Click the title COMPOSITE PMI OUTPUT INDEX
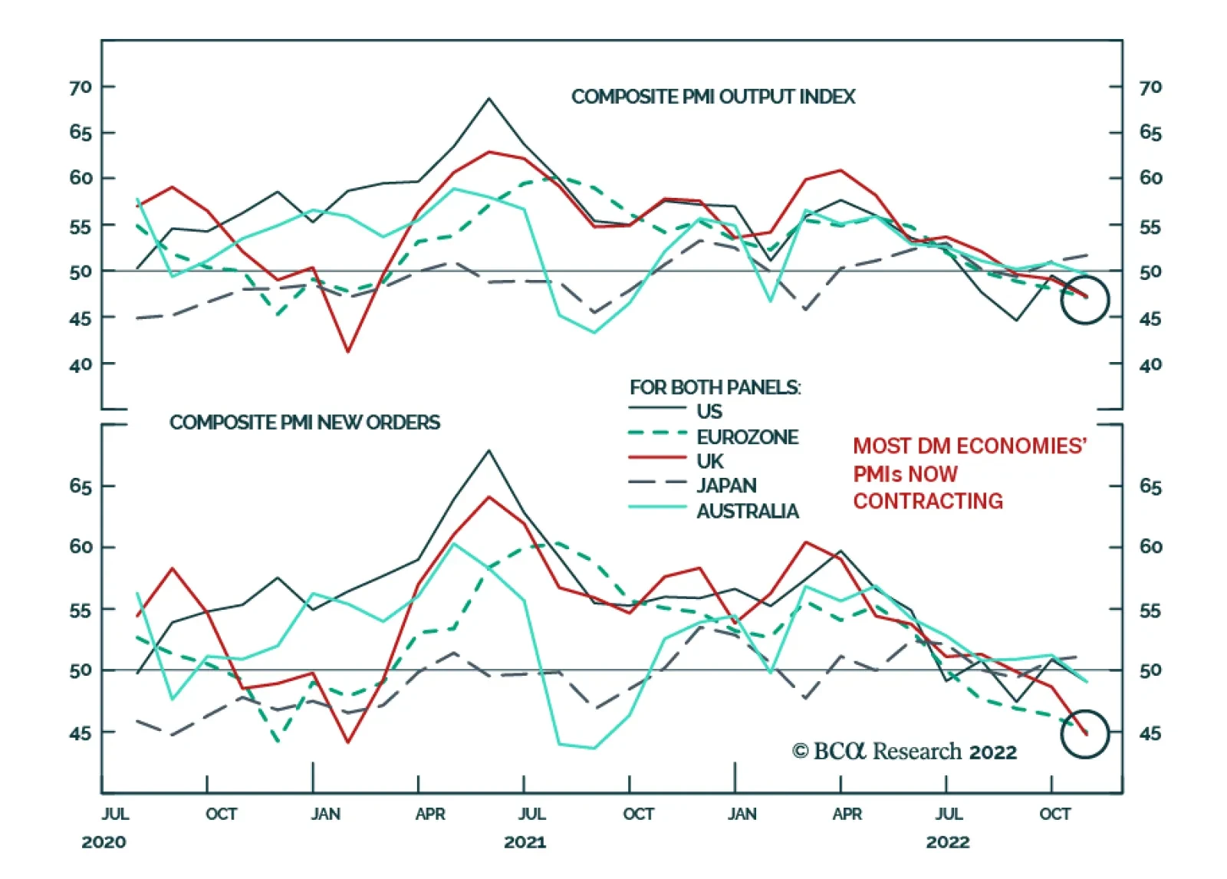712,97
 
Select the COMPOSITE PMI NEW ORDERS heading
304,423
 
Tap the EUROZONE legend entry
747,437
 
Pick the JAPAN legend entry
726,486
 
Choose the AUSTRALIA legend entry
747,511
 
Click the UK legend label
709,461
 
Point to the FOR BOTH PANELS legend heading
715,387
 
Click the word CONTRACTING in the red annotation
928,502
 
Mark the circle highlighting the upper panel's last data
1084,300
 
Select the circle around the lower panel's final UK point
1084,734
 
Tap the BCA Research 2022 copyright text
904,751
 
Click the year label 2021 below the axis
525,842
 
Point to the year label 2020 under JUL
104,842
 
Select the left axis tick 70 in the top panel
81,87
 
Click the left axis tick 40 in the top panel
81,364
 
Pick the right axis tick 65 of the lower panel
1150,486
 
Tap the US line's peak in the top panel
488,98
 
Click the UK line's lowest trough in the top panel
348,352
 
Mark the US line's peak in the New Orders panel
488,450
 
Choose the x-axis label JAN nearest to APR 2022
742,814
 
